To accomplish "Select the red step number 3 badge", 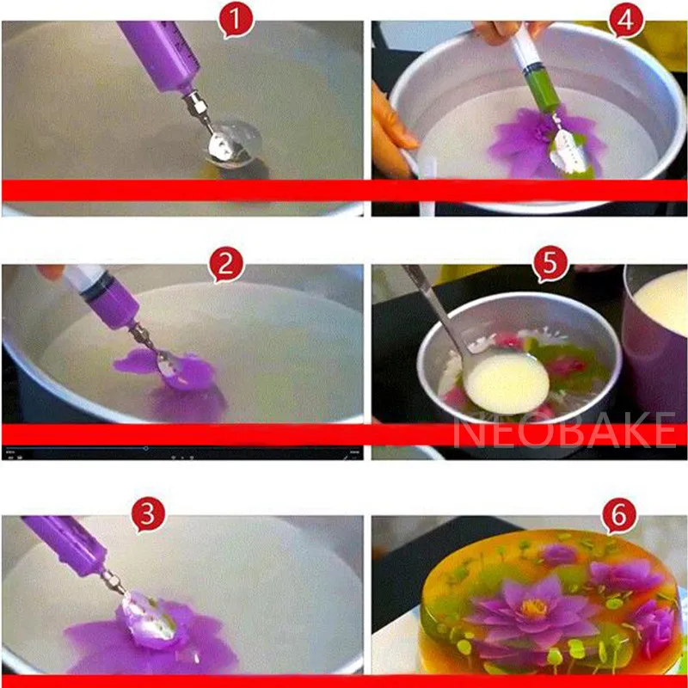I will click(x=148, y=516).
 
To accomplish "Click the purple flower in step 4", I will click(x=537, y=142).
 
